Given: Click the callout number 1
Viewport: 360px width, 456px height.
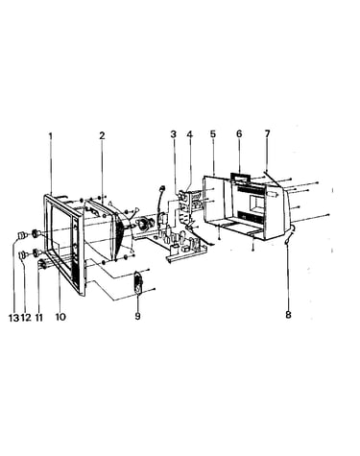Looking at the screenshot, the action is pos(50,135).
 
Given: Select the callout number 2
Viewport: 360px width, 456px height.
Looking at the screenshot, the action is pos(102,135).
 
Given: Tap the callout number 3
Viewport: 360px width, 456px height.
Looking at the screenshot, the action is pos(173,134).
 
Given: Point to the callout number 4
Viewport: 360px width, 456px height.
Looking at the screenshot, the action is pos(190,134).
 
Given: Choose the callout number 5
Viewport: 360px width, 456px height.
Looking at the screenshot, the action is pos(213,133).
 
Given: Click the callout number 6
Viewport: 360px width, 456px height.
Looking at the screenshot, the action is pos(239,133).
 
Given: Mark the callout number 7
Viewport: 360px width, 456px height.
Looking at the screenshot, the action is pos(267,133).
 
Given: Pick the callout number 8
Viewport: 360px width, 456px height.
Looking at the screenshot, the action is pos(288,315).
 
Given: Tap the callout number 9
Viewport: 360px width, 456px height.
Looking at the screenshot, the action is pos(137,316).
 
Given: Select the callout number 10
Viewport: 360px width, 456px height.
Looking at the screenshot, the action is pos(60,317).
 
